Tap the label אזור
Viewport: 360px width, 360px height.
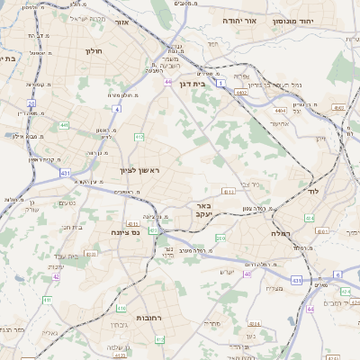121,21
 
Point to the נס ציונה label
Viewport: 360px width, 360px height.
122,232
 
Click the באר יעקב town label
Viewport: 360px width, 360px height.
202,210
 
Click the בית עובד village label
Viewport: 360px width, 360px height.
72,228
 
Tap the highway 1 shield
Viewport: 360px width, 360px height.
220,82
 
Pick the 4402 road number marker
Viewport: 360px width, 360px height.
241,92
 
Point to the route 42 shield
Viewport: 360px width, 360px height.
57,277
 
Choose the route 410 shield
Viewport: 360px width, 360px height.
139,137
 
